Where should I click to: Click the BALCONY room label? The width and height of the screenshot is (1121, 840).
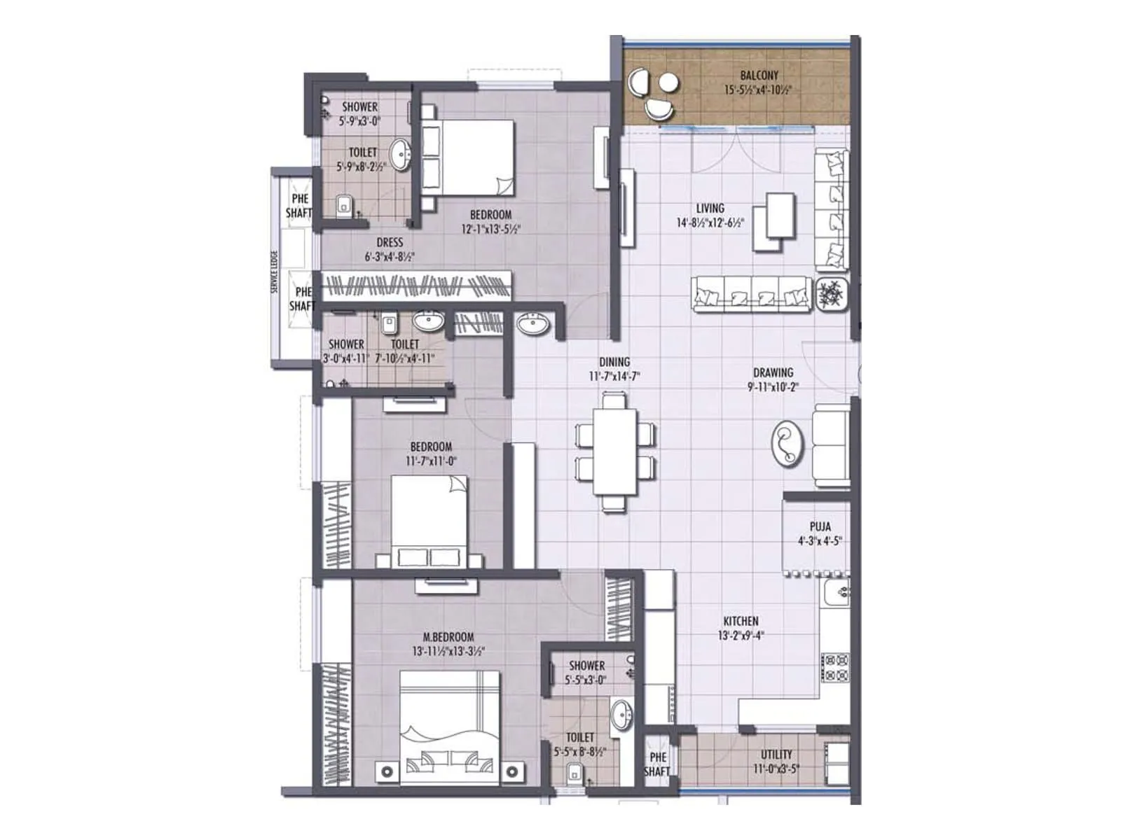coord(759,76)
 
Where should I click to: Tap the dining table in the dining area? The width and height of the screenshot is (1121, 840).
coord(615,452)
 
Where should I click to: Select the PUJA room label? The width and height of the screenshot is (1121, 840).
coord(820,526)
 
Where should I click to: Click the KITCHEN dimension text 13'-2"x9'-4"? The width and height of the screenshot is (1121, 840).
coord(741,636)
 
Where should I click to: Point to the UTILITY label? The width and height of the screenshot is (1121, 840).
coord(776,755)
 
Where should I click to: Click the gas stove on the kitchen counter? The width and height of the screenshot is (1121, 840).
coord(835,667)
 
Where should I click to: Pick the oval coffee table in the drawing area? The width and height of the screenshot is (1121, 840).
coord(787,443)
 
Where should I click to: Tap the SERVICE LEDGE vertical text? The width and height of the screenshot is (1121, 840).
coord(275,271)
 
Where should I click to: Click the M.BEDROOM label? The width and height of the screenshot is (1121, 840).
coord(448,637)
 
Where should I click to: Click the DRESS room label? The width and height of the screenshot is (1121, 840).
coord(390,242)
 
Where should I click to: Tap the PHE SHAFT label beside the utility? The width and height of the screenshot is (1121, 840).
coord(657,764)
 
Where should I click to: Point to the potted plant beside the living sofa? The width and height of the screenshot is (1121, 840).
coord(832,293)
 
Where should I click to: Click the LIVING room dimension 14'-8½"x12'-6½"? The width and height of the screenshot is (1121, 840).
coord(710,223)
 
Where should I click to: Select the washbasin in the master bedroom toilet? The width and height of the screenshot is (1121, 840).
coord(621,715)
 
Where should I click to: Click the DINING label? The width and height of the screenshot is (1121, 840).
coord(614,362)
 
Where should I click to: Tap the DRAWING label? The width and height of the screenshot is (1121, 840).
coord(773,372)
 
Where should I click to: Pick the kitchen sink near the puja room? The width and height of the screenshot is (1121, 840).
coord(836,593)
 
